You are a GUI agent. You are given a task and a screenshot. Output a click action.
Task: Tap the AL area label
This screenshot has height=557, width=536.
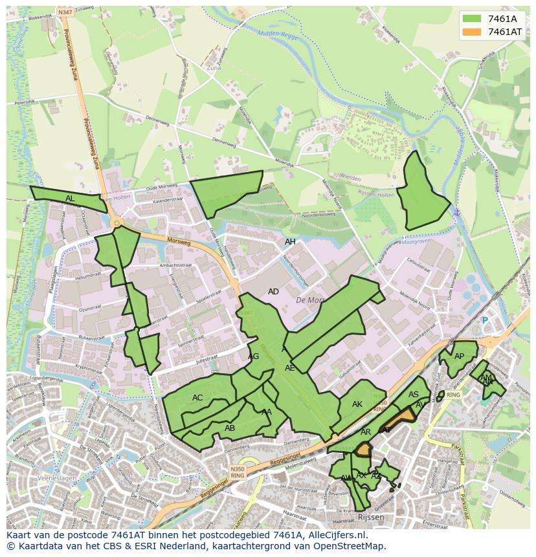[x=70, y=199]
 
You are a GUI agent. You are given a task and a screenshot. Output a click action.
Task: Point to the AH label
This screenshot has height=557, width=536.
[x=290, y=242]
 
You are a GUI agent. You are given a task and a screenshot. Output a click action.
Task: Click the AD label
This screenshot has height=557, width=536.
[x=273, y=292]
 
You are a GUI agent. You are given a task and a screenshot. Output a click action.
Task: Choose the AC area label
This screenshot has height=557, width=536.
[x=197, y=398]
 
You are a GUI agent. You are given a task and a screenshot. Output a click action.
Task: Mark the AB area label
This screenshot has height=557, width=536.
[x=230, y=428]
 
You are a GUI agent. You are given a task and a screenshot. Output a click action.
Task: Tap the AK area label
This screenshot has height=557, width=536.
[x=357, y=404]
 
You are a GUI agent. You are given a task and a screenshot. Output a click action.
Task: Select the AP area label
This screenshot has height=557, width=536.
[x=459, y=356]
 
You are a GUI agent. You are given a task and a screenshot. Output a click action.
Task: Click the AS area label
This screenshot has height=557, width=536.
[x=414, y=395]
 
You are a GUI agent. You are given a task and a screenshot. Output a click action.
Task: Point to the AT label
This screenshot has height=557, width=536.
[x=386, y=430]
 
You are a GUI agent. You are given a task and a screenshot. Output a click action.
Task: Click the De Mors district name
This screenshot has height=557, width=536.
[x=309, y=300]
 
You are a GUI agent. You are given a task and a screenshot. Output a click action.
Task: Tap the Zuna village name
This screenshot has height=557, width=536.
[x=213, y=67]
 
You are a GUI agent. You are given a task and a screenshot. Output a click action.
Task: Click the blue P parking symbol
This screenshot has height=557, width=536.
[x=484, y=320]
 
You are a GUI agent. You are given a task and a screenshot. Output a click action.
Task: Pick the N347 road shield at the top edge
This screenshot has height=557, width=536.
[x=65, y=12]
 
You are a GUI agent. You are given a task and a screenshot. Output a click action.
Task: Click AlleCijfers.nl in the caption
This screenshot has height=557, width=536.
[x=332, y=535]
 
